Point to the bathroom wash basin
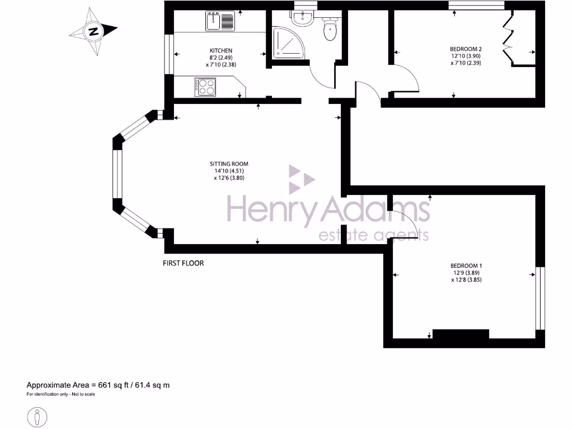[x=303, y=19]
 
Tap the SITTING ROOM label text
[x=229, y=164]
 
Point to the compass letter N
[x=93, y=31]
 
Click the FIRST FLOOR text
[x=183, y=263]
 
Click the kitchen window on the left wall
[x=168, y=54]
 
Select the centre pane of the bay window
[x=118, y=174]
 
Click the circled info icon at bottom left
[x=37, y=416]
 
